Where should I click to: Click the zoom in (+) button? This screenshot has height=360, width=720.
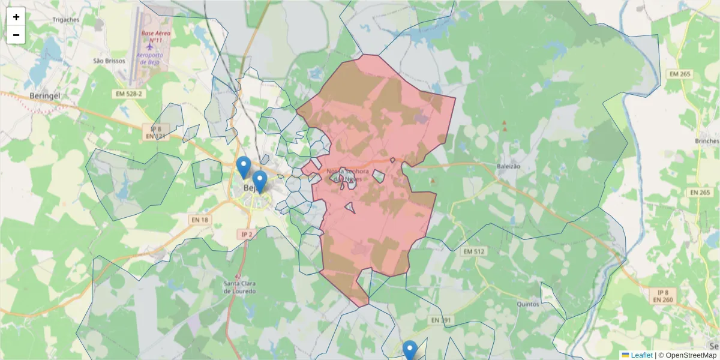16,17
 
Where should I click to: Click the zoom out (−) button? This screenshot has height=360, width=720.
16,35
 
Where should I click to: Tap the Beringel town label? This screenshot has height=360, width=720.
46,96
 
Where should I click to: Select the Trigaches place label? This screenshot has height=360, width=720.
65,19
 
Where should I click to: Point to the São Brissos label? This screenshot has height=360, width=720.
109,61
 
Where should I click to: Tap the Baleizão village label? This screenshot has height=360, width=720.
508,166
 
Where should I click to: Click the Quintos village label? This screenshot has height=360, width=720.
529,304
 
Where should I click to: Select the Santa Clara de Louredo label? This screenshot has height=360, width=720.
240,287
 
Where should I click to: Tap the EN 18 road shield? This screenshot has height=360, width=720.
200,220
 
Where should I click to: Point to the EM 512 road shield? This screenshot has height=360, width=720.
474,251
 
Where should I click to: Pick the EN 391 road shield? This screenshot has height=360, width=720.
441,321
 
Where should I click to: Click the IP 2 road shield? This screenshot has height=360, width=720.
246,233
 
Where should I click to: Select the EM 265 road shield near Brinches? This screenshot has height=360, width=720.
700,193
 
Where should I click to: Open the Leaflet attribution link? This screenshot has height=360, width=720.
641,355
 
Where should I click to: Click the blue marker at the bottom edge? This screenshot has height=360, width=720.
410,349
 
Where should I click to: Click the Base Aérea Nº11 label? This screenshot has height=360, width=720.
156,37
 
